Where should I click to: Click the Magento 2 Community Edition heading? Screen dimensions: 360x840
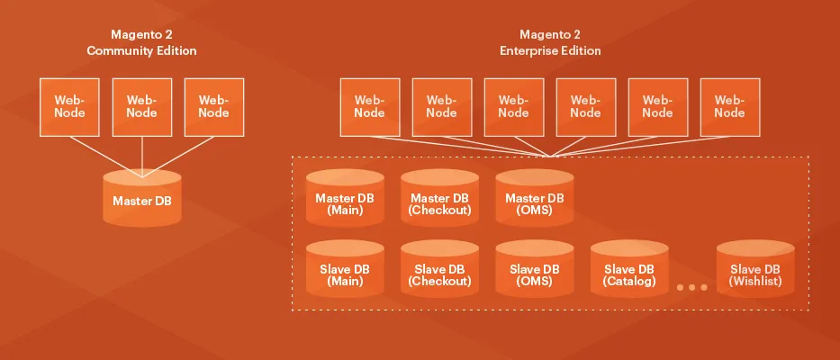tap(141, 43)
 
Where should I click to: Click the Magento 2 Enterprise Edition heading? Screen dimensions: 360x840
tap(550, 43)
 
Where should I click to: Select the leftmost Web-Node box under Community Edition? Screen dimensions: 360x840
tap(69, 106)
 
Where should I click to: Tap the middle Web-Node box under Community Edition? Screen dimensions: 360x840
tap(141, 106)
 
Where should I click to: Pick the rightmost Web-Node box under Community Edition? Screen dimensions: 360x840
tap(213, 106)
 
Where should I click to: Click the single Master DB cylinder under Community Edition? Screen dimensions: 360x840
tap(141, 200)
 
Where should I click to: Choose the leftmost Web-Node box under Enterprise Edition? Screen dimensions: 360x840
tap(369, 106)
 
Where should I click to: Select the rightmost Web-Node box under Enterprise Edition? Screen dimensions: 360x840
tap(729, 106)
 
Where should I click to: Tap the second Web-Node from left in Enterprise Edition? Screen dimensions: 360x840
tap(441, 106)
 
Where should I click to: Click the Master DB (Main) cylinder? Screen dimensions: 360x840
tap(345, 202)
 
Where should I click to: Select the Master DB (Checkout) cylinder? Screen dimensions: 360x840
tap(439, 202)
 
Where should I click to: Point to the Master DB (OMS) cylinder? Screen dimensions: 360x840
tap(534, 202)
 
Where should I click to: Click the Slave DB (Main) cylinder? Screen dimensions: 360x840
tap(345, 274)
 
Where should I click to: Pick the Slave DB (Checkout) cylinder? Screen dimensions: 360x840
tap(439, 274)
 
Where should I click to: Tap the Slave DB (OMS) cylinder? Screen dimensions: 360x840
tap(534, 274)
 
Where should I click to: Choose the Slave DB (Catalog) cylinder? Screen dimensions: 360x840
tap(629, 274)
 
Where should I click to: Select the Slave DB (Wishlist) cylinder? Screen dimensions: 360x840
tap(755, 274)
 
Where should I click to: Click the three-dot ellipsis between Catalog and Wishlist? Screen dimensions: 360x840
tap(691, 287)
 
